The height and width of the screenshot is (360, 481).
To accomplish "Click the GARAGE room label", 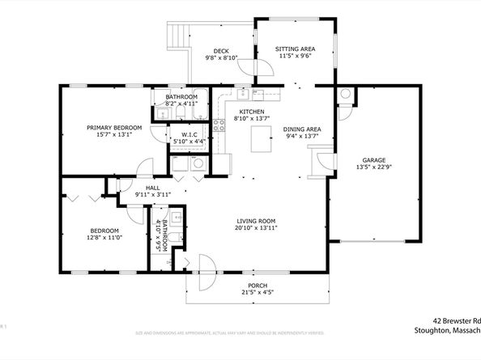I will (x=373, y=161).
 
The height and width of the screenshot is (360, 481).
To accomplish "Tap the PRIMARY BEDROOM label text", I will (x=115, y=128).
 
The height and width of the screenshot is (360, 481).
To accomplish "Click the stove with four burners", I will (x=219, y=125).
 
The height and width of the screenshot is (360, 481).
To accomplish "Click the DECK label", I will (x=220, y=50).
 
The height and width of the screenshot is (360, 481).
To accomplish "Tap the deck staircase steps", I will (x=176, y=36).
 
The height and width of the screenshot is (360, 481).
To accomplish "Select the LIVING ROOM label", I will (x=257, y=222).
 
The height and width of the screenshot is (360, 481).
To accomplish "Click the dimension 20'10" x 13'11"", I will (x=257, y=229).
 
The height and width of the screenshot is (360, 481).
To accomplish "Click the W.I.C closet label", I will (x=189, y=134).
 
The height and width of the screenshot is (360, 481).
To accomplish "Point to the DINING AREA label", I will (x=302, y=129).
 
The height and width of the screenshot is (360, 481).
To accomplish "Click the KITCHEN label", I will (x=252, y=112).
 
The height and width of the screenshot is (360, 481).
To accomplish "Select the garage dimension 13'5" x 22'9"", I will (x=373, y=168).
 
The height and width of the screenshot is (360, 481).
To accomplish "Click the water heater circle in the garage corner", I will (x=345, y=94).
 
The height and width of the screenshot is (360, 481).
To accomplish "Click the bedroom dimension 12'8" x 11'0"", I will (x=104, y=238).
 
